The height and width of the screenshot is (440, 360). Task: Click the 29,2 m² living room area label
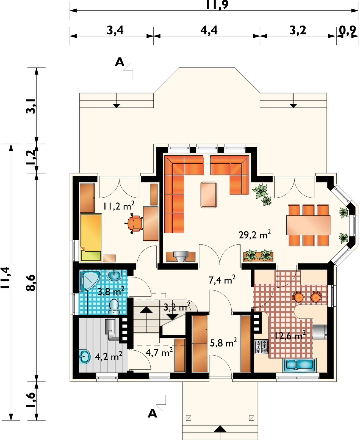pos(254,235)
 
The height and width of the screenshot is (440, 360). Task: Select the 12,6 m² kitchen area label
pos(290,335)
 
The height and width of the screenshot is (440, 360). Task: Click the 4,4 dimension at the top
pos(209,31)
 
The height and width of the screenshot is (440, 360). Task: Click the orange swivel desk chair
pos(134,223)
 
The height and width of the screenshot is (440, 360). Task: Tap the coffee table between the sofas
pos(209,195)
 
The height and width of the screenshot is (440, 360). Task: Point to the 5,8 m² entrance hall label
pos(223,342)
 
